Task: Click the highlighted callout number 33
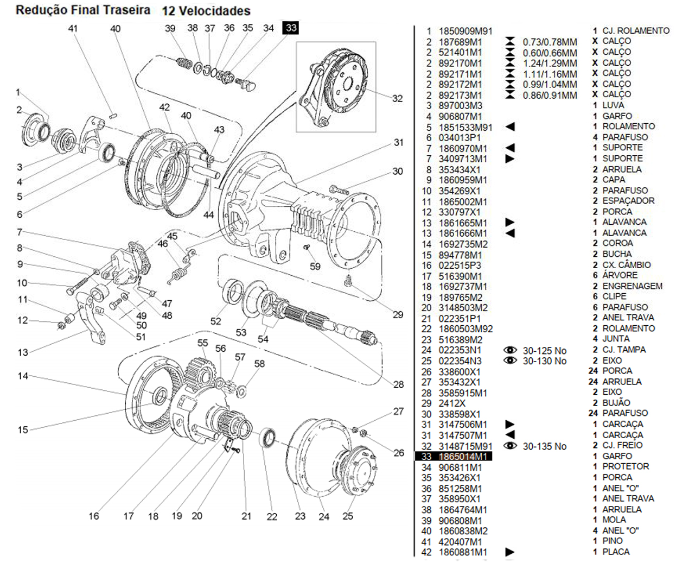(291, 28)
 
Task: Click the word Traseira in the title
(128, 10)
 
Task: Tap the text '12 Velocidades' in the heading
(206, 10)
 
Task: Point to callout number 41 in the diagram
(73, 28)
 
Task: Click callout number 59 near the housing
(315, 266)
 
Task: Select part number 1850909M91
(465, 31)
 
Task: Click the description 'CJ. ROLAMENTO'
(636, 31)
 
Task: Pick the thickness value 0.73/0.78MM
(550, 42)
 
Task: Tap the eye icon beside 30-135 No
(510, 446)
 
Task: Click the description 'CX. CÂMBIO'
(626, 265)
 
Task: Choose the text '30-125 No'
(544, 351)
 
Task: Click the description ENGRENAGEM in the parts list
(632, 286)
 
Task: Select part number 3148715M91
(465, 446)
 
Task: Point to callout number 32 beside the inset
(398, 98)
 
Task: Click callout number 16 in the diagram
(94, 516)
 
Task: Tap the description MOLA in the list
(614, 520)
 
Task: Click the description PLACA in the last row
(616, 552)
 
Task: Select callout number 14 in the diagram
(23, 376)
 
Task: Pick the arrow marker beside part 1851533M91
(509, 127)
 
